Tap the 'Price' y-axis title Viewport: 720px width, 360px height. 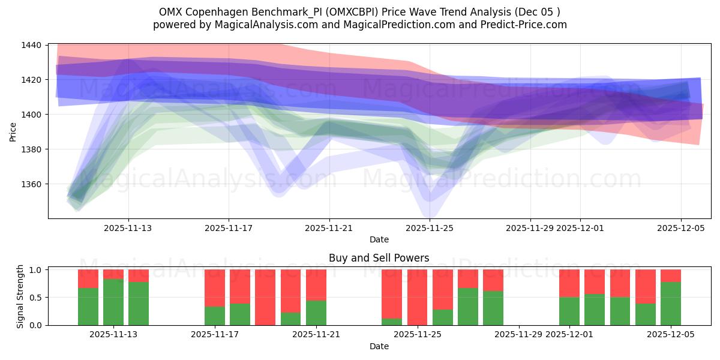pyautogui.click(x=13, y=131)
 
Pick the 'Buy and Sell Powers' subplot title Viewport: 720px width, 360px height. pyautogui.click(x=379, y=258)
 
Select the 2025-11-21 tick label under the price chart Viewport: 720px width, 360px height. pyautogui.click(x=329, y=228)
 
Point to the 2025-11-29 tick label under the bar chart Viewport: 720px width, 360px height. pyautogui.click(x=519, y=335)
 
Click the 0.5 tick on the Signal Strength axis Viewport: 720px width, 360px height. pyautogui.click(x=35, y=298)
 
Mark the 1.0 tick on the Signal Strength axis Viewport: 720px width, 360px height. pyautogui.click(x=35, y=270)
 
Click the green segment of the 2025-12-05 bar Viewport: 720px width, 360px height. pyautogui.click(x=670, y=304)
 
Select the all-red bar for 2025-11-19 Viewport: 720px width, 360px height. pyautogui.click(x=265, y=297)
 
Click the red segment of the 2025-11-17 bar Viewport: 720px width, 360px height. pyautogui.click(x=215, y=288)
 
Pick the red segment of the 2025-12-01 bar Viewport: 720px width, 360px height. pyautogui.click(x=569, y=283)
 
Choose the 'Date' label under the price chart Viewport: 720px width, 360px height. pyautogui.click(x=379, y=239)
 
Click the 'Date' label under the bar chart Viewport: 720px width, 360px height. pyautogui.click(x=379, y=346)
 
